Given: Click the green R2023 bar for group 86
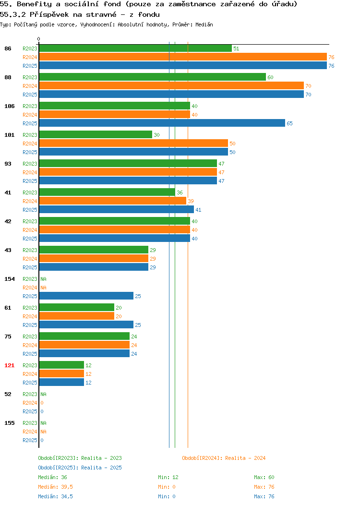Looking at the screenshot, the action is coord(135,48).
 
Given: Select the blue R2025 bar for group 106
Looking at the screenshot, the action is coord(162,123).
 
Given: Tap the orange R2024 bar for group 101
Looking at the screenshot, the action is coord(133,144).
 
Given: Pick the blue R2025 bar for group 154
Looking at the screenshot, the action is coord(86,296).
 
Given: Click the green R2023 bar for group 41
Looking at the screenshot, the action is coord(107,192).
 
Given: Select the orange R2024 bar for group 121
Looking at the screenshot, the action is coord(61,373).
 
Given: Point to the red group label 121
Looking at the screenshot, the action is coord(9,365).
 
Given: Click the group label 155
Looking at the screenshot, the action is coord(9,423).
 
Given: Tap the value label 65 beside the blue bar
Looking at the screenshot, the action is coord(289,123).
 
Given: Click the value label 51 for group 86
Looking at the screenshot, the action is coord(236,48).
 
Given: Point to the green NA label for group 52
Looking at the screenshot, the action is coord(44,394).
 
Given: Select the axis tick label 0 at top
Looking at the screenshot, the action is coord(39,39).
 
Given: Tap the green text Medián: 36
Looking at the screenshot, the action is coord(52,477).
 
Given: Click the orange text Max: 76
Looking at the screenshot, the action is coord(264,487).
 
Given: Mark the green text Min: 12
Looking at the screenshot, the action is coord(168,477).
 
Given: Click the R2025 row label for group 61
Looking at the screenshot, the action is coord(30,325).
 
